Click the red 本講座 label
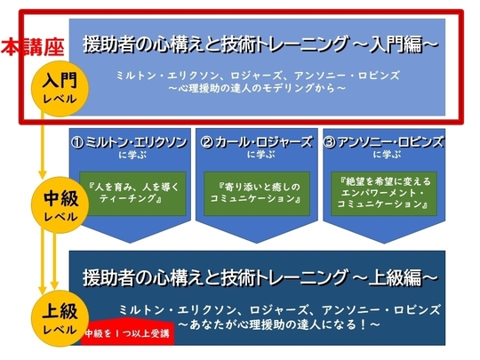pos(33,47)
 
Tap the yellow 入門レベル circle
pos(60,89)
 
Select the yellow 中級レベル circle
pos(60,205)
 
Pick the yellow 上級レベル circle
pos(60,318)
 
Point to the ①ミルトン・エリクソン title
pos(129,142)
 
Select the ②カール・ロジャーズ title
pos(256,142)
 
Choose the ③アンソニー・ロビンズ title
pos(383,142)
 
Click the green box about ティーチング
pos(132,194)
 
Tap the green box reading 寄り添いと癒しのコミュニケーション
pos(257,194)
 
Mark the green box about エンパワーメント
pos(384,194)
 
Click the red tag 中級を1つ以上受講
pos(128,332)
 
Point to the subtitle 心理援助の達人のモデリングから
pos(257,89)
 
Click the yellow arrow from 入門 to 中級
pos(43,146)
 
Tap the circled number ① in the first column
pos(77,142)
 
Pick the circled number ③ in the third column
pos(330,142)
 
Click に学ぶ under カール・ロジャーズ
pos(260,156)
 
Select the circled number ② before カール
pos(206,142)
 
